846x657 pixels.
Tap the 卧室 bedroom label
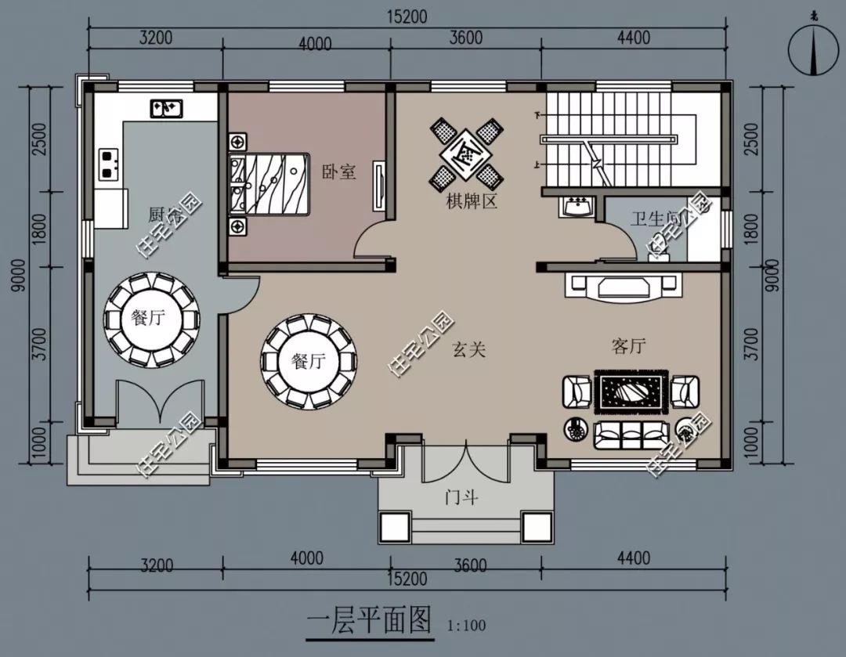click(x=339, y=171)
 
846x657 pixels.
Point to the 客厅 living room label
click(x=628, y=346)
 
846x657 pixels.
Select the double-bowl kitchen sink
click(x=166, y=107)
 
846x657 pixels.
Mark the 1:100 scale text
click(x=467, y=626)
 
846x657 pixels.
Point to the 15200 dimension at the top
click(x=406, y=16)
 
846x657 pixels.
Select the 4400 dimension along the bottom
click(x=633, y=558)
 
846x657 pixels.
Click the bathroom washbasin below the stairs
click(x=577, y=208)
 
